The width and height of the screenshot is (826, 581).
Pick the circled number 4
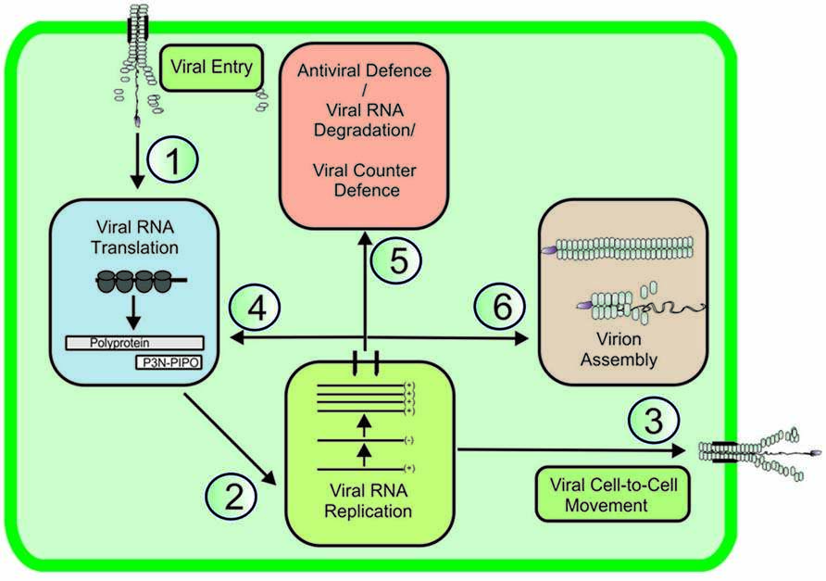[x=257, y=307]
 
